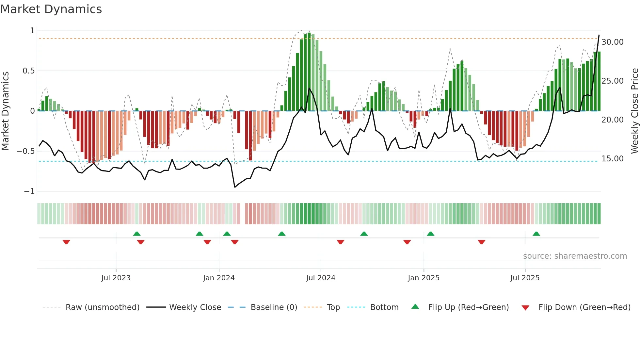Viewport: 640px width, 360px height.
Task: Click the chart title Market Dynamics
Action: point(51,9)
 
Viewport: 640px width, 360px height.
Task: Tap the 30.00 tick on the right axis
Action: point(612,42)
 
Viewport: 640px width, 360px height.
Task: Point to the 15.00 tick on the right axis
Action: point(612,159)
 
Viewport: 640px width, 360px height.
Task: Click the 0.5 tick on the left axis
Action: point(28,71)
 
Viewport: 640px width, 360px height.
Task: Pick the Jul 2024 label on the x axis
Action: point(320,278)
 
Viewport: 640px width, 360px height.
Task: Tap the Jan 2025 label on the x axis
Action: point(423,278)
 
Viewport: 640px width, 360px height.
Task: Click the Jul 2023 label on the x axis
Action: point(116,278)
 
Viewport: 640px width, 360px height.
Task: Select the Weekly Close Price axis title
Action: point(634,111)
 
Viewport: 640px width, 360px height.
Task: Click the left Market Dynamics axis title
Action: point(5,111)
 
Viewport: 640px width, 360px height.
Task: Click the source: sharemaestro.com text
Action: point(575,256)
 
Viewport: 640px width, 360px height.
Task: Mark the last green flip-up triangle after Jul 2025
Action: point(536,234)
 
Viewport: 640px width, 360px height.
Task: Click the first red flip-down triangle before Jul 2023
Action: point(66,242)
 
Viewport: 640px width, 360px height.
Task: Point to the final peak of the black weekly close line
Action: point(599,35)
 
